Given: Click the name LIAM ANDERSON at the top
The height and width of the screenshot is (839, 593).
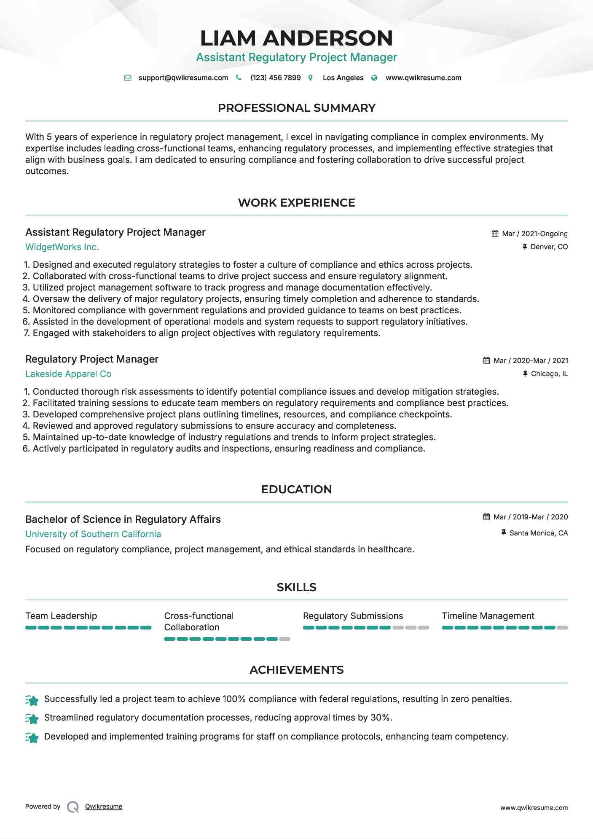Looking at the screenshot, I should (296, 38).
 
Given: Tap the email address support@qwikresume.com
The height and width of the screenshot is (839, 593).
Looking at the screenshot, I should (183, 78).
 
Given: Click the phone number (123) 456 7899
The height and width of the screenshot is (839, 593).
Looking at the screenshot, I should (275, 78).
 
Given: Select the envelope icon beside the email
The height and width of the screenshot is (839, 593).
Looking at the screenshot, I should (128, 78).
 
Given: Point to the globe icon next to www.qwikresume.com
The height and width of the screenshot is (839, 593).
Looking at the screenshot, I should (374, 78).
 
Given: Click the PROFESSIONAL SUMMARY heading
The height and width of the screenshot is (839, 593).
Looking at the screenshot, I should (296, 108).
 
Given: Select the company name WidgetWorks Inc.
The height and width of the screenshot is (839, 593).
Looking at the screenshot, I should (62, 247).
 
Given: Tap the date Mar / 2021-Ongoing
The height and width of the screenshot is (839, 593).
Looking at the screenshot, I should (534, 234).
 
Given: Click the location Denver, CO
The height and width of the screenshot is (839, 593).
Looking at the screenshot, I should (549, 247).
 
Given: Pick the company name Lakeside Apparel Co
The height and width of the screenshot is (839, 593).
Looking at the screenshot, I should (68, 374).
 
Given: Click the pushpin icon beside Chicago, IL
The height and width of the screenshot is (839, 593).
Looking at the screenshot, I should (525, 374).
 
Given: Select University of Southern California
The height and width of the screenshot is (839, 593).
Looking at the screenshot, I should (93, 534).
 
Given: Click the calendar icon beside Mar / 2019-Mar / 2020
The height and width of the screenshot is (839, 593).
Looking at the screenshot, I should (486, 517).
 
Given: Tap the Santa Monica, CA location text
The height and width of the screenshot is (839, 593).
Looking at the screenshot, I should (538, 533).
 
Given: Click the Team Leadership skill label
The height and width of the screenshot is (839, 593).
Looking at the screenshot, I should (61, 616).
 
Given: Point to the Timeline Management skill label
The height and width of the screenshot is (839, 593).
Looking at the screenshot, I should (488, 616).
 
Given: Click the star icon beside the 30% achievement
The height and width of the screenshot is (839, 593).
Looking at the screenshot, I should (32, 718).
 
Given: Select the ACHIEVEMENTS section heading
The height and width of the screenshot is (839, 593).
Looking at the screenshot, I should (296, 670).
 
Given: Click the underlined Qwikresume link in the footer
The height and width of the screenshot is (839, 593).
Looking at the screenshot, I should (104, 807).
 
